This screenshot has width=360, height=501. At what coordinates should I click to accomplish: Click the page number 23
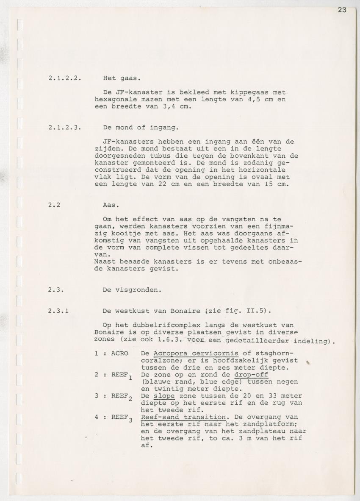pyautogui.click(x=342, y=10)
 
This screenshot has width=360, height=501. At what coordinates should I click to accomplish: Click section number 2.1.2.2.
pyautogui.click(x=64, y=78)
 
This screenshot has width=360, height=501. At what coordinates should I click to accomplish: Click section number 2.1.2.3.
pyautogui.click(x=64, y=128)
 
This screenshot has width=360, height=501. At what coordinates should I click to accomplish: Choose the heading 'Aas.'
pyautogui.click(x=111, y=205)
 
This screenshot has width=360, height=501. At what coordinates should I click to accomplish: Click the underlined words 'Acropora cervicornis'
pyautogui.click(x=196, y=353)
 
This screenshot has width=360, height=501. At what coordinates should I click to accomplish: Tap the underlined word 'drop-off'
pyautogui.click(x=251, y=375)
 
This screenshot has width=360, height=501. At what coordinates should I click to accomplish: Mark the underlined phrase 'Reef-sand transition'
pyautogui.click(x=183, y=417)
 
